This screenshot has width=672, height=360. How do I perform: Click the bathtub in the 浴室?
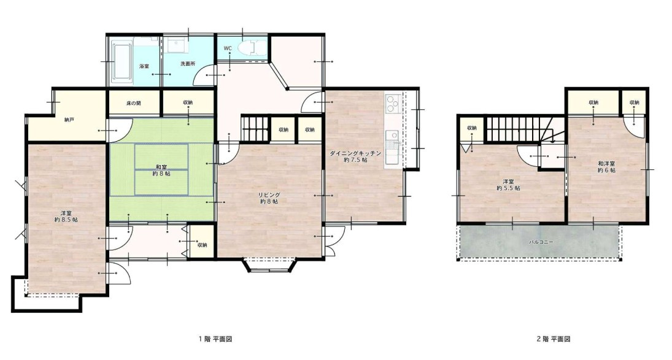click(x=121, y=60)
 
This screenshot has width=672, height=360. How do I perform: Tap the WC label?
click(x=228, y=48)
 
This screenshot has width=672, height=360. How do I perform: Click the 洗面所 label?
click(x=188, y=64)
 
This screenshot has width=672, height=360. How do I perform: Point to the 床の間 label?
click(x=134, y=103)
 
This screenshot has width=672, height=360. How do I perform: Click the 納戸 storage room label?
click(x=69, y=120)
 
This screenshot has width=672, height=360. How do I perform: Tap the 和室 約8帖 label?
click(x=161, y=170)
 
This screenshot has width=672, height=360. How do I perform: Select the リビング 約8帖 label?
click(x=269, y=197)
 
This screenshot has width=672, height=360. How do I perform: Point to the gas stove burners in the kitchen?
click(x=393, y=103)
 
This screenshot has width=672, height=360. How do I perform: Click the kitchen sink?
click(x=392, y=141)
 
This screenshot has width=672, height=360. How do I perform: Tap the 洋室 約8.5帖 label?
click(x=66, y=216)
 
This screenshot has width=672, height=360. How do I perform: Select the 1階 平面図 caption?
click(x=215, y=339)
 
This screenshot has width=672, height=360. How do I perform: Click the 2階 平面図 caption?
click(x=554, y=339)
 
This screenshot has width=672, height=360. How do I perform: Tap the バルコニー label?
click(x=541, y=242)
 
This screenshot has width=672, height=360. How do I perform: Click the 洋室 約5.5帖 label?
click(x=508, y=185)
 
